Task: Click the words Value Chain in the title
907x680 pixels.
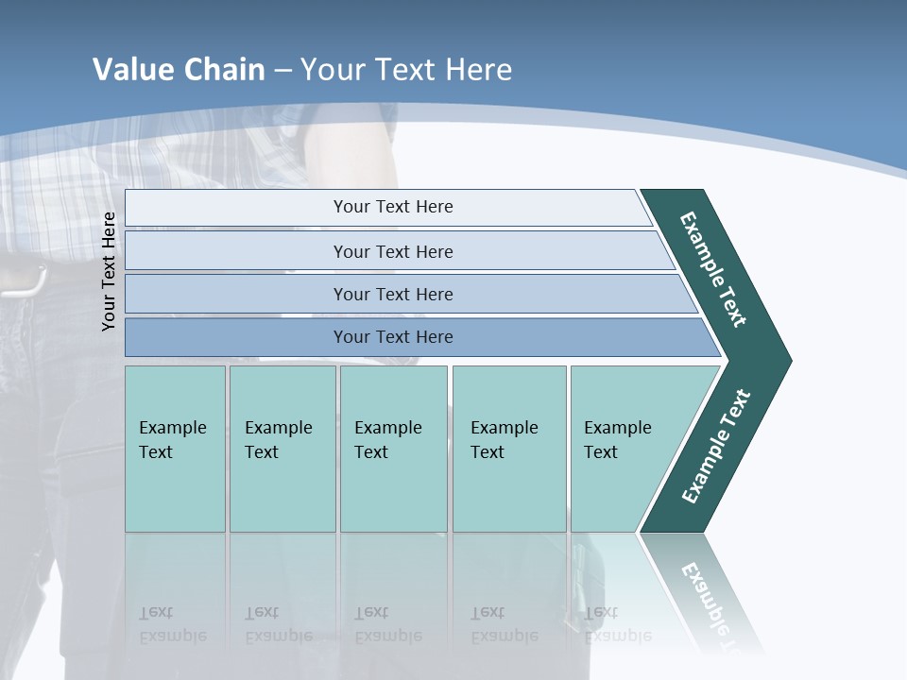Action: pos(179,70)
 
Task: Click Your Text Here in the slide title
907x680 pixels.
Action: pos(406,70)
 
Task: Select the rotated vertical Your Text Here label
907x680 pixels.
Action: pos(109,271)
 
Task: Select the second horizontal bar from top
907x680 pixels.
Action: pos(392,251)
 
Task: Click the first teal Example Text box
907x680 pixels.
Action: pos(175,449)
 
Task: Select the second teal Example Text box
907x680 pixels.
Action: pos(282,449)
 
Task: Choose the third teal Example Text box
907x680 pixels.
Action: pos(393,449)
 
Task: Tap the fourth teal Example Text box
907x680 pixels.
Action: pos(509,449)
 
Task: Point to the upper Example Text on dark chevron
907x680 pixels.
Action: pos(713,269)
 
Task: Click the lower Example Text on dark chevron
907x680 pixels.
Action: pos(715,447)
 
